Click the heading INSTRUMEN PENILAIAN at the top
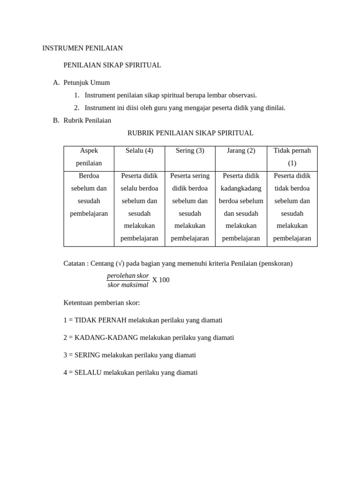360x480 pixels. [82, 48]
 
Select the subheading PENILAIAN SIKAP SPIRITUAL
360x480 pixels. [112, 65]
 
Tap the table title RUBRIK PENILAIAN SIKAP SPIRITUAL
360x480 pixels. [190, 133]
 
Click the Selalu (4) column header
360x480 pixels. [139, 151]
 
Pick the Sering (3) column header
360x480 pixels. [190, 151]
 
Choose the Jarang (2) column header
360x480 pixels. [241, 151]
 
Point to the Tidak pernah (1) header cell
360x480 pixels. [292, 157]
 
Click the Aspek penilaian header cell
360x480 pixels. [89, 157]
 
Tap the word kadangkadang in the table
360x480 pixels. [241, 188]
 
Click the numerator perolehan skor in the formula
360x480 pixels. [128, 276]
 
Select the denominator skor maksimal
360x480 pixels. [128, 285]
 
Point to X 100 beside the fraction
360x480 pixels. [161, 280]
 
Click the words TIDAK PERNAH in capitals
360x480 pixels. [100, 320]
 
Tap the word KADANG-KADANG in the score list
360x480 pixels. [106, 337]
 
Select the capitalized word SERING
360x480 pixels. [87, 355]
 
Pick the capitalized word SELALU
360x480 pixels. [88, 373]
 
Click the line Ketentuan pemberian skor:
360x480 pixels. [102, 303]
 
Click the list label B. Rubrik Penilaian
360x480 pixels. [82, 120]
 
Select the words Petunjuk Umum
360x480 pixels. [87, 83]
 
